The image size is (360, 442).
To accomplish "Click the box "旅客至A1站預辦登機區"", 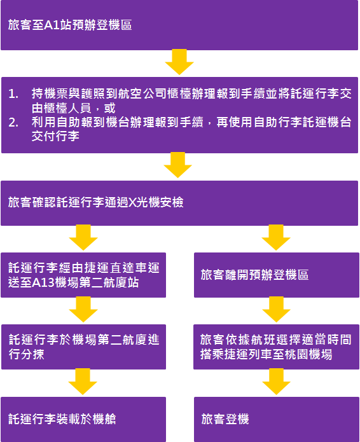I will coord(179,25).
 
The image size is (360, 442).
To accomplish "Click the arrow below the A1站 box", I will coord(179,62).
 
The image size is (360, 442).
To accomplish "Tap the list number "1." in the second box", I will coord(14,93).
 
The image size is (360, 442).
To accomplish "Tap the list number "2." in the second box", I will coord(14,123).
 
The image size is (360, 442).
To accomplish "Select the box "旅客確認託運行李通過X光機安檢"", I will coord(179,203).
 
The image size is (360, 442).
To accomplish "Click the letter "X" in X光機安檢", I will coord(132,203).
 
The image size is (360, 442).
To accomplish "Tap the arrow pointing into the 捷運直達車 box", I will coord(83,238).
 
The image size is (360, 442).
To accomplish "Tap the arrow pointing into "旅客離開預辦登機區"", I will coord(276,238).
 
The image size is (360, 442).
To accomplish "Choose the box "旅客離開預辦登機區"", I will coord(276,275).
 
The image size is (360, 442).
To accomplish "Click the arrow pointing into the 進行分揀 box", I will coord(83,310).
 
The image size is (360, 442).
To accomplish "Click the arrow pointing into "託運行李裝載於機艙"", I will coord(83,383).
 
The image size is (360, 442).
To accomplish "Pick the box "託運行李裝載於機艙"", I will coord(83,419).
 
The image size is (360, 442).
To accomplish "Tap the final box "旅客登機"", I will coord(276,419).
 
